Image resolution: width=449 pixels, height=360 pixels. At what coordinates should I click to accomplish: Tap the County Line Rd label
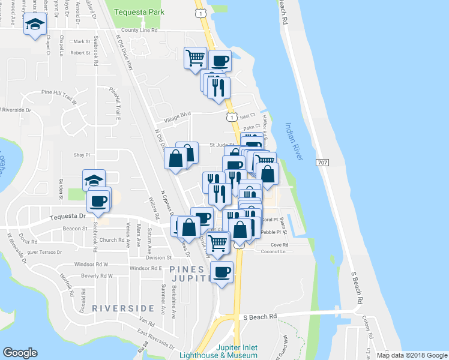click(x=139, y=30)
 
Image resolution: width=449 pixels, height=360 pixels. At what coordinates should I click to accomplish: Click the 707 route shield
click(x=323, y=163)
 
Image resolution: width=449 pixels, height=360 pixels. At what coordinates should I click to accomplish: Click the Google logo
click(x=20, y=353)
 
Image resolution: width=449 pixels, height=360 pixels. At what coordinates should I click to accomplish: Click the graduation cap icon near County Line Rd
click(x=34, y=24)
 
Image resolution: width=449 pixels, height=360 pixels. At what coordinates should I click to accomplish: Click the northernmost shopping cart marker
click(x=195, y=58)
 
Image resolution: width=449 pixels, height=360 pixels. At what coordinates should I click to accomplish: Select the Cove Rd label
click(x=280, y=245)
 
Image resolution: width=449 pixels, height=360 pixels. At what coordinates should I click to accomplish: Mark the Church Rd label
click(x=112, y=240)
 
